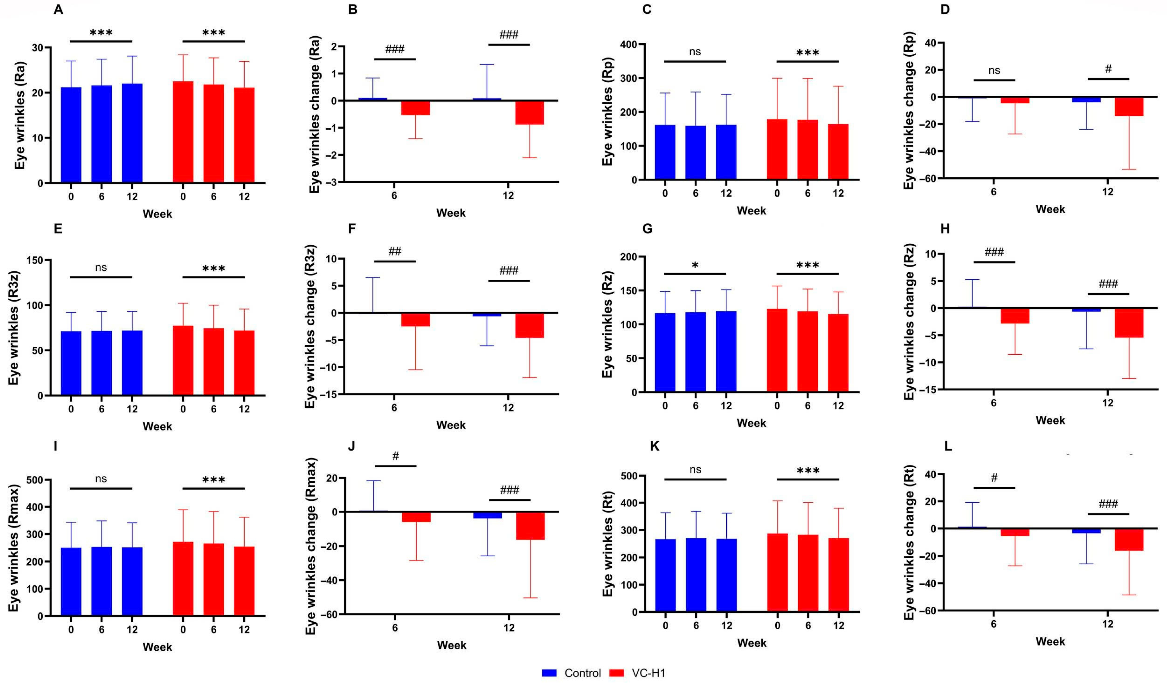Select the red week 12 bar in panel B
click(530, 112)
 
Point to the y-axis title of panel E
click(14, 327)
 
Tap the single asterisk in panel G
click(695, 266)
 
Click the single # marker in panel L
click(994, 478)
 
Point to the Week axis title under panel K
click(752, 643)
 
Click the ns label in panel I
click(101, 479)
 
